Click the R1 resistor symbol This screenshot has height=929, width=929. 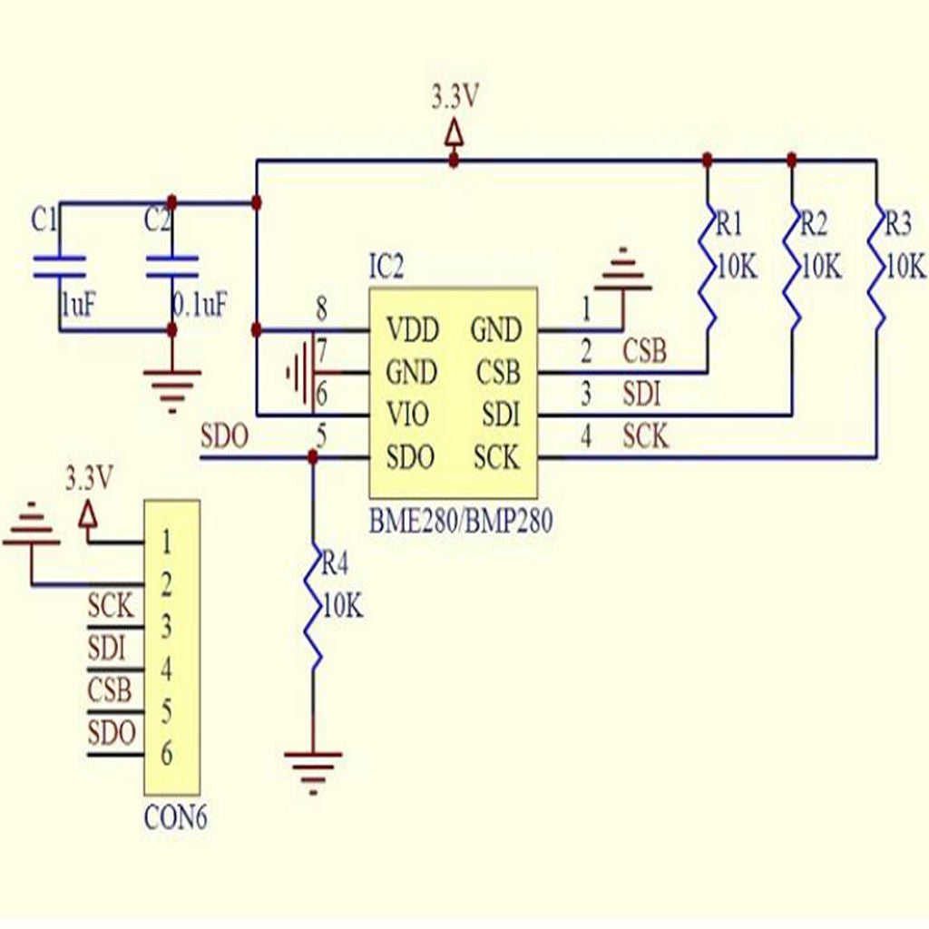pos(707,268)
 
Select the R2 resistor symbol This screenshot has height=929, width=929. pos(792,268)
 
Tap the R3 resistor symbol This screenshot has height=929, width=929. pos(876,268)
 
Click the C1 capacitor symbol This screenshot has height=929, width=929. pos(59,266)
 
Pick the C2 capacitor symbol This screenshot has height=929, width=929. pos(171,266)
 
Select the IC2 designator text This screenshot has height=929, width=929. pos(386,268)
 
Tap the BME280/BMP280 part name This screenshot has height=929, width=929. pos(461,523)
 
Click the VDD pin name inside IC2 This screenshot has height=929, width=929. pos(411,328)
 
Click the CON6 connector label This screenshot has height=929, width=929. pos(176,818)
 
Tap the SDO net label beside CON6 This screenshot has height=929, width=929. pos(112,733)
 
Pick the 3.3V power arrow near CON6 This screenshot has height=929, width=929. pos(88,515)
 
